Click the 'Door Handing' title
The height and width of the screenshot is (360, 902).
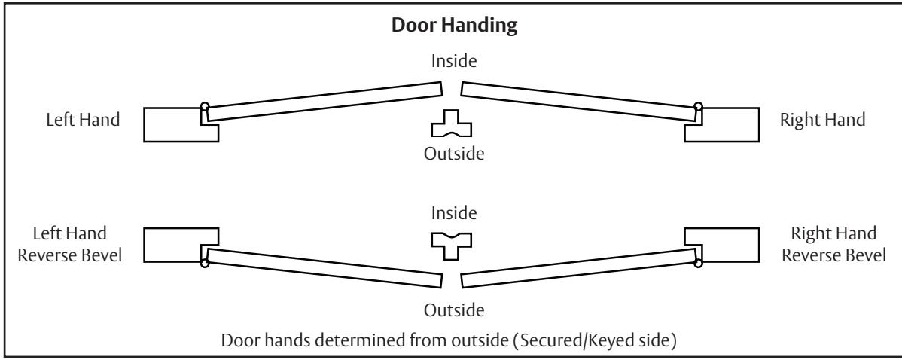coord(451,24)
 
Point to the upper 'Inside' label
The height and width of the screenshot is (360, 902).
coord(451,61)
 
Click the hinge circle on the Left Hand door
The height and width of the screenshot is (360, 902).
coord(205,106)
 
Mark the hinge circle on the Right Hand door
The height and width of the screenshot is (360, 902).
coord(698,106)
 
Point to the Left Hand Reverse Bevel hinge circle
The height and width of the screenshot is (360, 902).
coord(205,263)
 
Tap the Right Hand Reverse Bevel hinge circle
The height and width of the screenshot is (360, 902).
coord(698,263)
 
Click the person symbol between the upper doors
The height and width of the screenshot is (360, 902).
coord(450,124)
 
